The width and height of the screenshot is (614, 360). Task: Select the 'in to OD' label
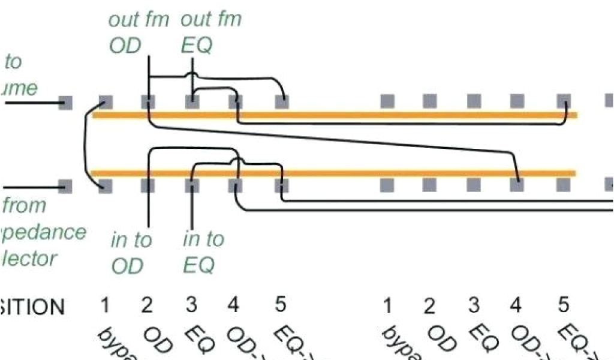click(x=131, y=252)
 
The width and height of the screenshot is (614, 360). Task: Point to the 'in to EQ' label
click(x=203, y=252)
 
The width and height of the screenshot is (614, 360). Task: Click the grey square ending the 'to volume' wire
click(x=66, y=103)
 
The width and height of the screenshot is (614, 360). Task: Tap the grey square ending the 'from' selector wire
click(x=66, y=186)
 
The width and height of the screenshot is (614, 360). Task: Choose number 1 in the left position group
click(x=105, y=306)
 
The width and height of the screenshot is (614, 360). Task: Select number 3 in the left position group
click(x=191, y=305)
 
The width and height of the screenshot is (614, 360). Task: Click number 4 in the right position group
click(x=516, y=305)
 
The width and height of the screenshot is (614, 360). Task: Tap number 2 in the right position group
click(x=429, y=306)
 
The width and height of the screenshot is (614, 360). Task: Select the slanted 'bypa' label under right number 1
click(x=399, y=345)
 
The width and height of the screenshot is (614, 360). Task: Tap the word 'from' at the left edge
click(x=24, y=205)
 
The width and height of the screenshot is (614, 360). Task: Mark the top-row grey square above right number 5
click(x=563, y=101)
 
